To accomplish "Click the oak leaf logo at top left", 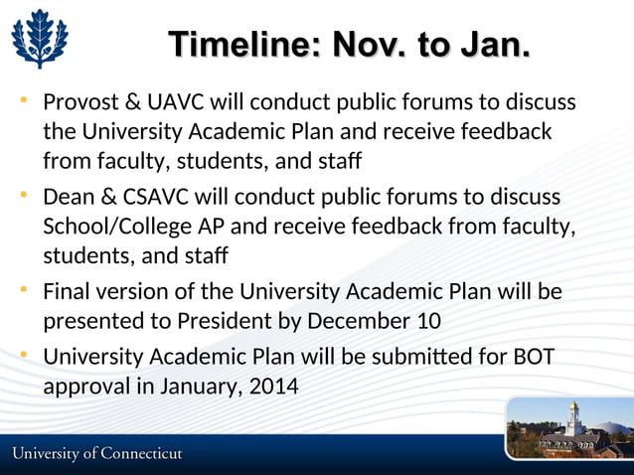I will [x=40, y=40].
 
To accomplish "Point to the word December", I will [x=358, y=322].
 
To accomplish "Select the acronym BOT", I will [x=533, y=356].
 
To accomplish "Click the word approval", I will [x=84, y=386].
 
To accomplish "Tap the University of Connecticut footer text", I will [x=97, y=454].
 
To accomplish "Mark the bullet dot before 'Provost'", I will [x=23, y=100].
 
